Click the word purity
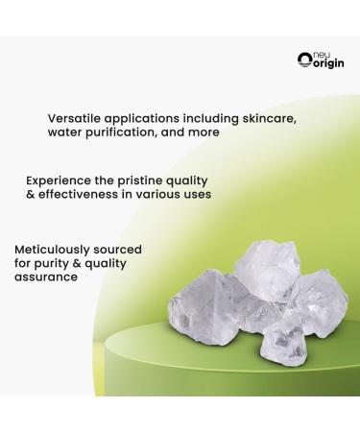point(55,263)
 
